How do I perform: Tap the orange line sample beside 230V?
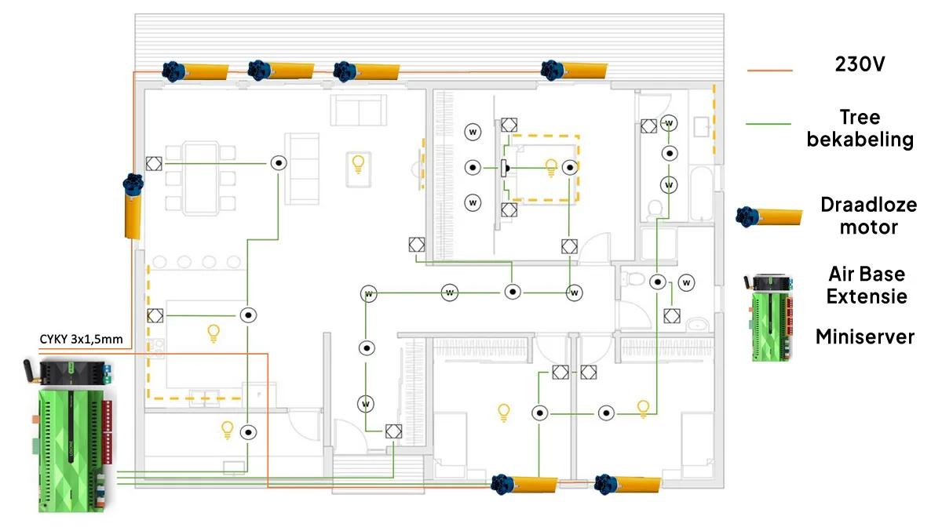point(769,71)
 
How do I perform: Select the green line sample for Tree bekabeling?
point(769,123)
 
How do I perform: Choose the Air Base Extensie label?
point(866,286)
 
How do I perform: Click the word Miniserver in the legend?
point(864,337)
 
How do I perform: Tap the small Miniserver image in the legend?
point(770,317)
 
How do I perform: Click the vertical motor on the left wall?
point(132,205)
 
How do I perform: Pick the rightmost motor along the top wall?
point(574,70)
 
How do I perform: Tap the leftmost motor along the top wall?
point(195,71)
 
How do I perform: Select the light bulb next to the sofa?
point(358,165)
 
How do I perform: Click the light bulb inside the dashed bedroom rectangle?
point(551,166)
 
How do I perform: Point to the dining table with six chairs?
point(199,177)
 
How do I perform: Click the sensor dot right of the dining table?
point(279,163)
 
